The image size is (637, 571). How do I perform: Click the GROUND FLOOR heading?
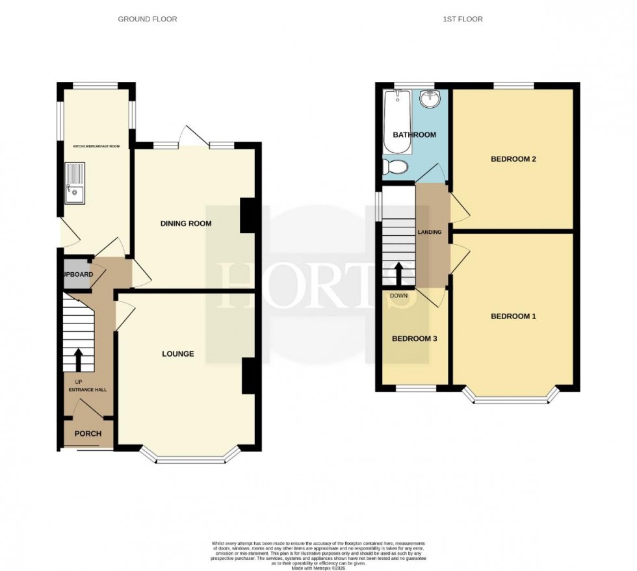point(147,19)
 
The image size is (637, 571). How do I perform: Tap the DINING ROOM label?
point(187,223)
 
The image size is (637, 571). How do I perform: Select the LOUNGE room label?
point(178,354)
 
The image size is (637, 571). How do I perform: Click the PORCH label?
point(88,433)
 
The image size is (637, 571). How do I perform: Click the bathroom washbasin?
point(429,99)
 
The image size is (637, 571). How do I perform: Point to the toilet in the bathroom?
point(394,167)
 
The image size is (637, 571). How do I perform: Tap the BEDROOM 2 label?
point(512,159)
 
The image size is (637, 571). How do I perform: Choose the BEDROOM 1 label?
point(513,316)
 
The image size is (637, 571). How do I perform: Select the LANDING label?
point(430,232)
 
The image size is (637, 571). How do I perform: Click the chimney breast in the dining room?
point(248,215)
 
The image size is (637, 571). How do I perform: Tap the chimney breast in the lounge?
point(248,376)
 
